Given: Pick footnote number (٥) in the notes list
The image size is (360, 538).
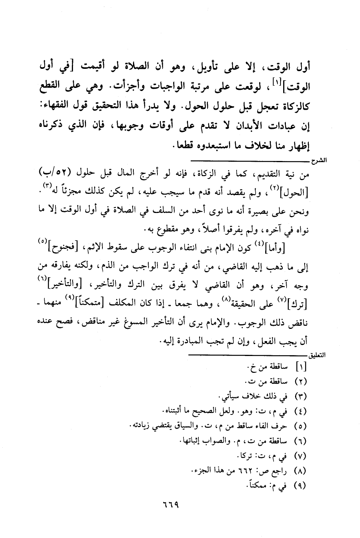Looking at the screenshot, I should click(x=301, y=425).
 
